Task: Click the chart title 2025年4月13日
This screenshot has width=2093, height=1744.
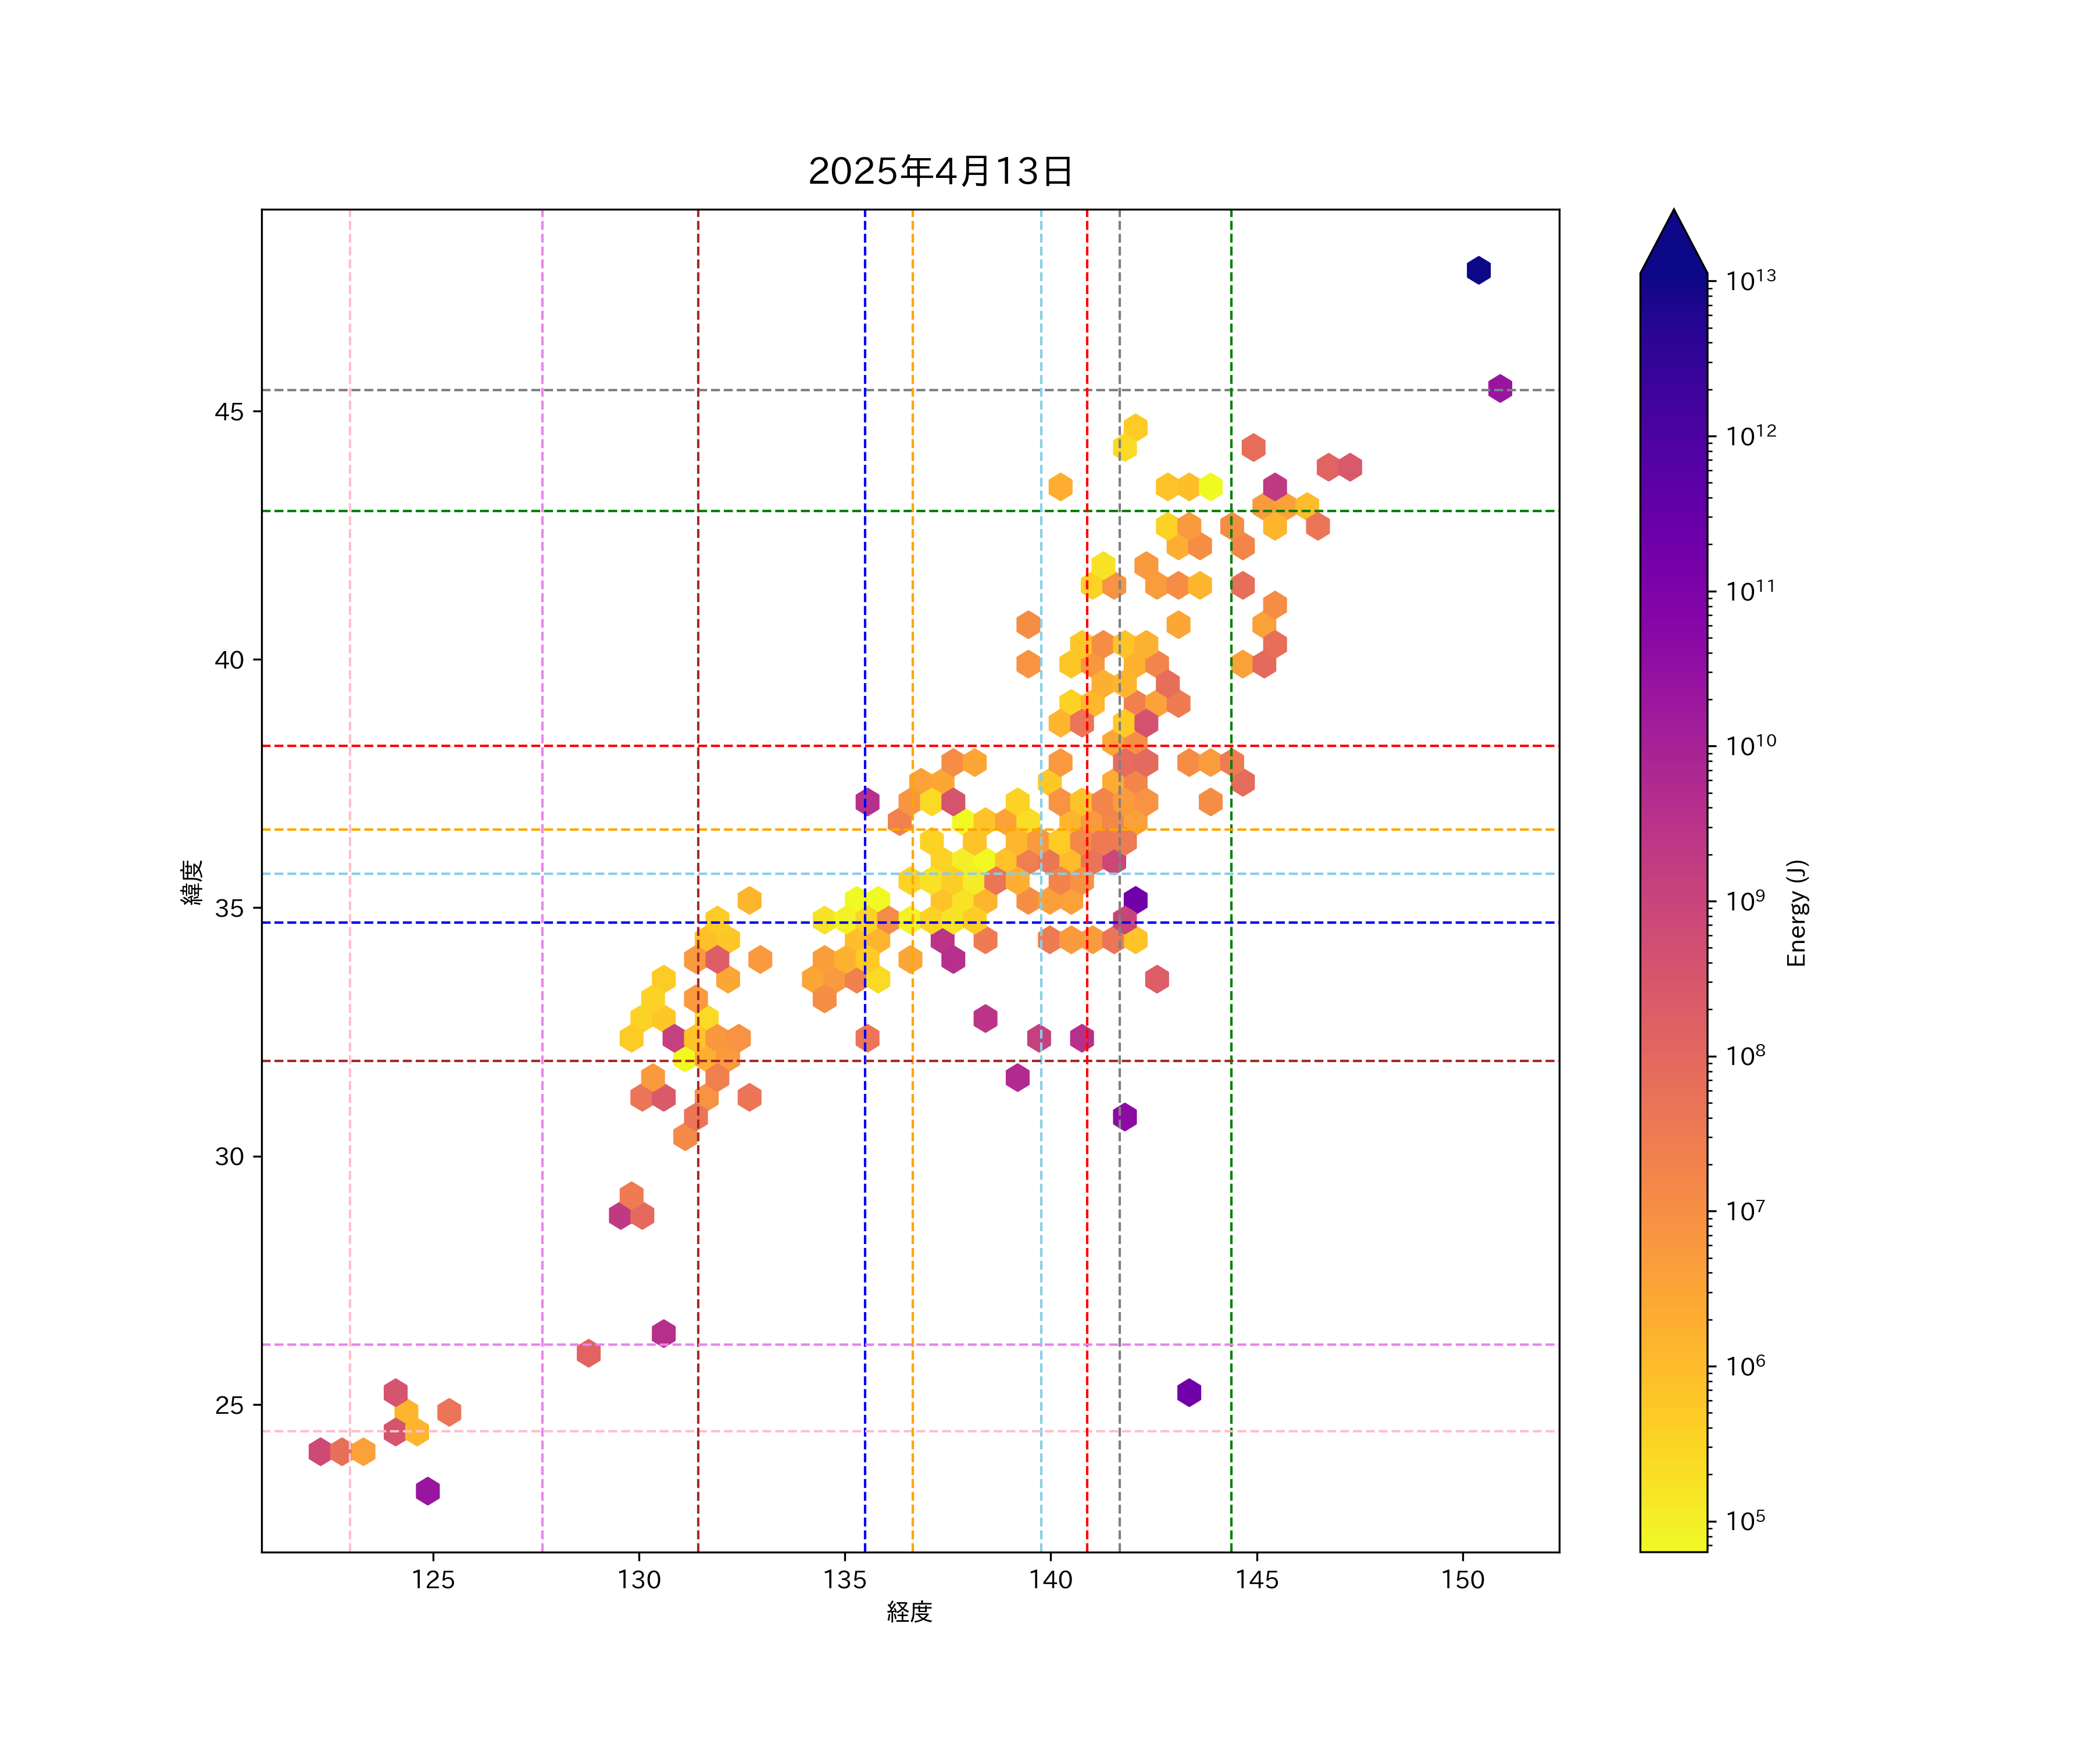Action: coord(940,171)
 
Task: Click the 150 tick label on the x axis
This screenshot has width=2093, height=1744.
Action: coord(1463,1579)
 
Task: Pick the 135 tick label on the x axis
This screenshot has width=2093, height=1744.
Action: coord(845,1579)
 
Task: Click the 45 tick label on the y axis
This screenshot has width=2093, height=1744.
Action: coord(229,412)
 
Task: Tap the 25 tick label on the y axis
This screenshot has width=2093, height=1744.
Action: coord(229,1405)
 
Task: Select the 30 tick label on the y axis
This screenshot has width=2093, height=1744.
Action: coord(229,1157)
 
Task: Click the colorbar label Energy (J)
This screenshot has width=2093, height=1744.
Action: coord(1796,913)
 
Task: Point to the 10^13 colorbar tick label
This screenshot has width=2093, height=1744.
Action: coord(1751,281)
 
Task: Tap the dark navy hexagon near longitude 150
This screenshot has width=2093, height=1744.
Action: coord(1478,270)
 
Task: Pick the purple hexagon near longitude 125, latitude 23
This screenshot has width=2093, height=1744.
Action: coord(427,1491)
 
